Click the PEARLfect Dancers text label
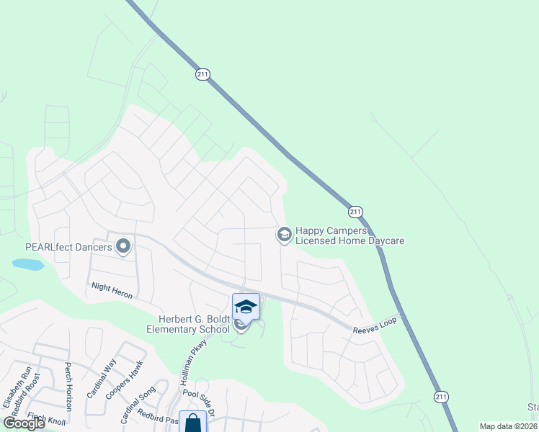(68, 247)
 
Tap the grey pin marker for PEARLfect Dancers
(123, 247)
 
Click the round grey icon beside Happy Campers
(284, 234)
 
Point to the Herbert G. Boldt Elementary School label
(187, 324)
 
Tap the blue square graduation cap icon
(246, 306)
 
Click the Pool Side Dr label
(200, 393)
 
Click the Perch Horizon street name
(68, 387)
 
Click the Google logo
(24, 423)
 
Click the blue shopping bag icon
(192, 423)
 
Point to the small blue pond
(28, 264)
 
